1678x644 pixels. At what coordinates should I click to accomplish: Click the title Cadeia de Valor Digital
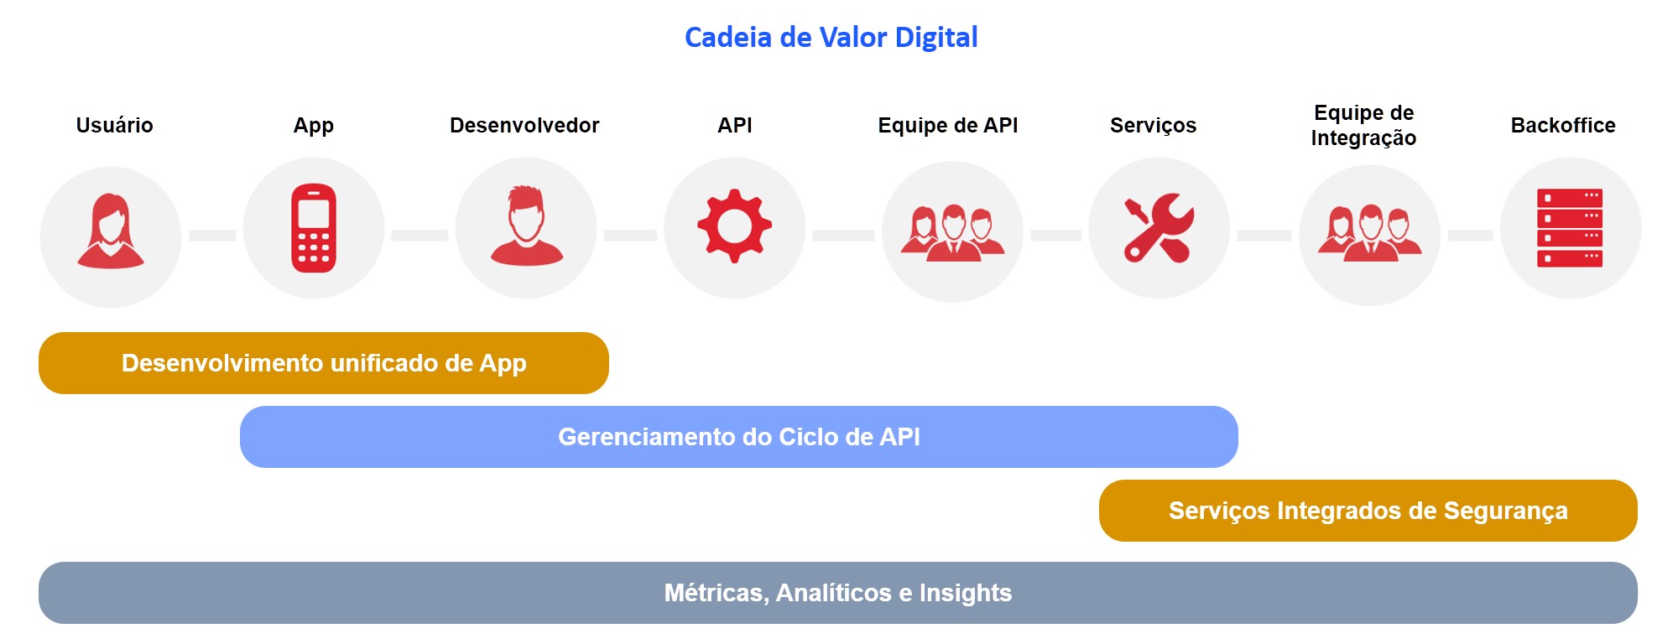pos(831,38)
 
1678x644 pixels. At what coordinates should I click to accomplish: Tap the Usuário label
pos(114,125)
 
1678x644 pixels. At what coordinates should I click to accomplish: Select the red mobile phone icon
pos(314,228)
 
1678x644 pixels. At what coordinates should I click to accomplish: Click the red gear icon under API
pos(734,226)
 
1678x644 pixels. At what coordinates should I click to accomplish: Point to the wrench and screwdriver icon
pos(1159,228)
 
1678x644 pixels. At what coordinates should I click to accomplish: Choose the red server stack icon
pos(1570,228)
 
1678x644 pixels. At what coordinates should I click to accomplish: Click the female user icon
pos(111,231)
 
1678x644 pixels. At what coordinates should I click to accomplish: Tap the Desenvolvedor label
pos(524,125)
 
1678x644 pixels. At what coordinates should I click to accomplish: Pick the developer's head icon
pos(526,226)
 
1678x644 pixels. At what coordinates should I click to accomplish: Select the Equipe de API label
pos(948,125)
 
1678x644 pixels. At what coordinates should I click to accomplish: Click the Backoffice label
pos(1563,125)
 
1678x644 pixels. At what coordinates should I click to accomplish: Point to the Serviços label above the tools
pos(1153,125)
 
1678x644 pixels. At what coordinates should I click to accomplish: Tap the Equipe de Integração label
pos(1363,125)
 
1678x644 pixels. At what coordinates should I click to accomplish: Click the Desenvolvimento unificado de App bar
pos(324,363)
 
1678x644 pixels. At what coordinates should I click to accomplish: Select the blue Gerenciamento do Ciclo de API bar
pos(739,437)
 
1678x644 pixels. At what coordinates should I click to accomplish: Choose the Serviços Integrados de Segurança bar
pos(1368,511)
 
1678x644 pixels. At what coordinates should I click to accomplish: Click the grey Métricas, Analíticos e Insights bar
pos(838,593)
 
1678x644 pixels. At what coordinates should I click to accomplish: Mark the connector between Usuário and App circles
pos(212,236)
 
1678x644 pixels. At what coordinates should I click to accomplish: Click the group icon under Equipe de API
pos(952,233)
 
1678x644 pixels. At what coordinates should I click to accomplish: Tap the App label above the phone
pos(314,126)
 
